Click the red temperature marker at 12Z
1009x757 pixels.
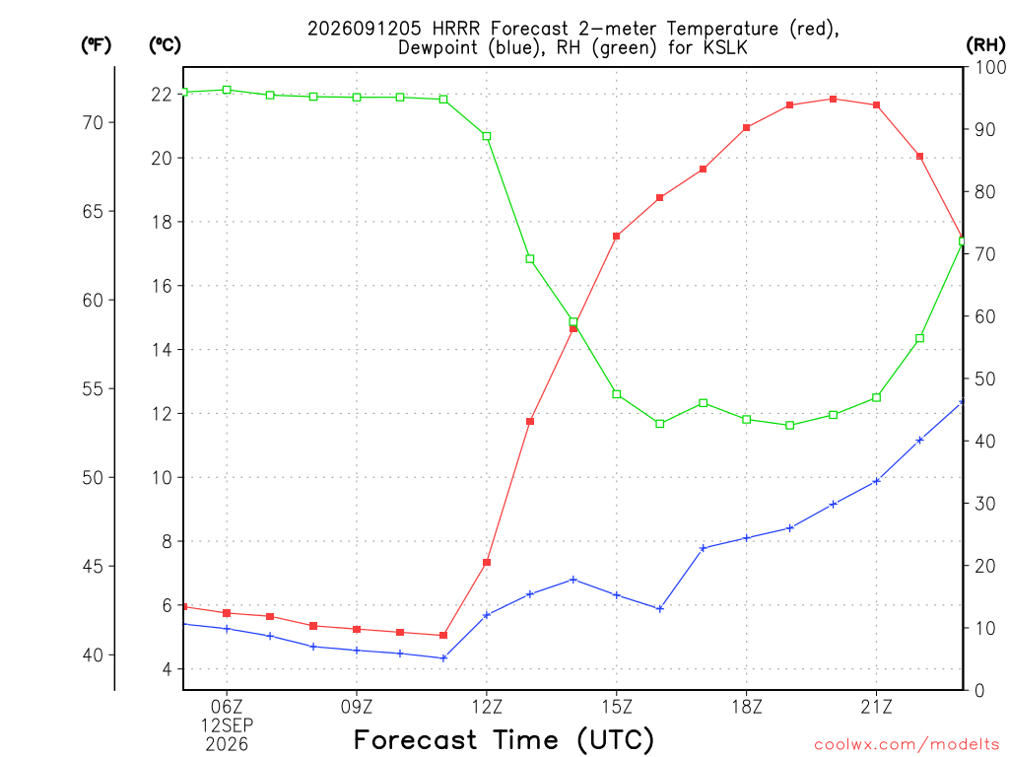[x=487, y=563]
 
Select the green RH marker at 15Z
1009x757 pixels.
[x=617, y=394]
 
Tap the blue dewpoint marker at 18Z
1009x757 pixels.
[x=747, y=538]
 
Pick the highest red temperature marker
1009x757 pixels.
[x=833, y=100]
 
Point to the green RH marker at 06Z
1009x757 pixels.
[x=227, y=90]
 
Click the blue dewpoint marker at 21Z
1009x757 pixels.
[x=876, y=481]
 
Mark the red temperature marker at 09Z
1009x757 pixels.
[x=357, y=629]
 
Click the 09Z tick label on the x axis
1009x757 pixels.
[x=357, y=707]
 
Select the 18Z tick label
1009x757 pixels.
[x=747, y=707]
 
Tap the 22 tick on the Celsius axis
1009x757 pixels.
[x=162, y=95]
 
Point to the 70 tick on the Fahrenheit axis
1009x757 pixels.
[x=93, y=122]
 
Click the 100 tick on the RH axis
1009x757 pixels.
[x=990, y=67]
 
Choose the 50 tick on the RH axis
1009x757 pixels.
[x=985, y=378]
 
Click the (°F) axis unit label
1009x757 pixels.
[x=96, y=45]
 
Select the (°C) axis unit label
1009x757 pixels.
[x=165, y=45]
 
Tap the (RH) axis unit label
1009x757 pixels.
[x=985, y=45]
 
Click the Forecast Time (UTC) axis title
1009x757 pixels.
[x=504, y=739]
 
